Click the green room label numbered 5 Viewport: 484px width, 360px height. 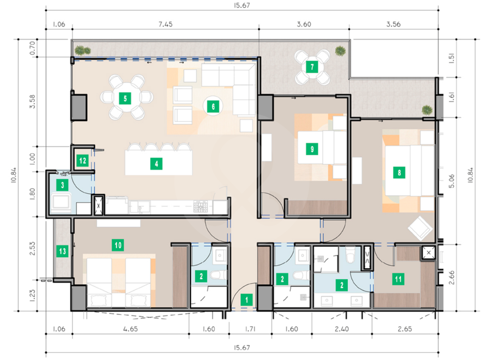125,98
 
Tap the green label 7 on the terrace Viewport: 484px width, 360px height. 312,67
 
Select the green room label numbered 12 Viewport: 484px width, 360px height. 83,161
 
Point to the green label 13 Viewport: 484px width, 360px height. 63,251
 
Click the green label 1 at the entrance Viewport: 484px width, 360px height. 246,300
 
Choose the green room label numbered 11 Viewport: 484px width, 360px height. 398,279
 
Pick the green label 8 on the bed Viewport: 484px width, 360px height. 399,173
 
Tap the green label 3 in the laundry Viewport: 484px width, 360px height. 63,185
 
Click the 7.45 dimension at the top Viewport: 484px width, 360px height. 165,24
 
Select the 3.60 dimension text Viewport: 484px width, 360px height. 304,24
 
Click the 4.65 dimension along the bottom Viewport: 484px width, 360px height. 131,329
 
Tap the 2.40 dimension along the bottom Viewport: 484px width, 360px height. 342,329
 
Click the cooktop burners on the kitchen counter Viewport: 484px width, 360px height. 200,207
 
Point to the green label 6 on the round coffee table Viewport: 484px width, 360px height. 213,107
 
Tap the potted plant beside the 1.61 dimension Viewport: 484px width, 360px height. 427,110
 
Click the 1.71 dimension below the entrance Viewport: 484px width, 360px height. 250,329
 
